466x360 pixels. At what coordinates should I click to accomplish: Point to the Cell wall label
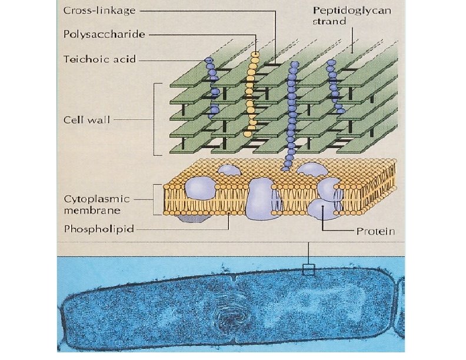(x=87, y=119)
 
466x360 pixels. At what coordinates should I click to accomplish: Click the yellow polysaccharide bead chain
(x=252, y=94)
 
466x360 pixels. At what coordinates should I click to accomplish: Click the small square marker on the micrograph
(x=308, y=270)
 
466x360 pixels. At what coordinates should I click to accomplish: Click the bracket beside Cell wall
(x=157, y=119)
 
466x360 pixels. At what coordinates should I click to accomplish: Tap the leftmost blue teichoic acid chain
(x=212, y=88)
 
